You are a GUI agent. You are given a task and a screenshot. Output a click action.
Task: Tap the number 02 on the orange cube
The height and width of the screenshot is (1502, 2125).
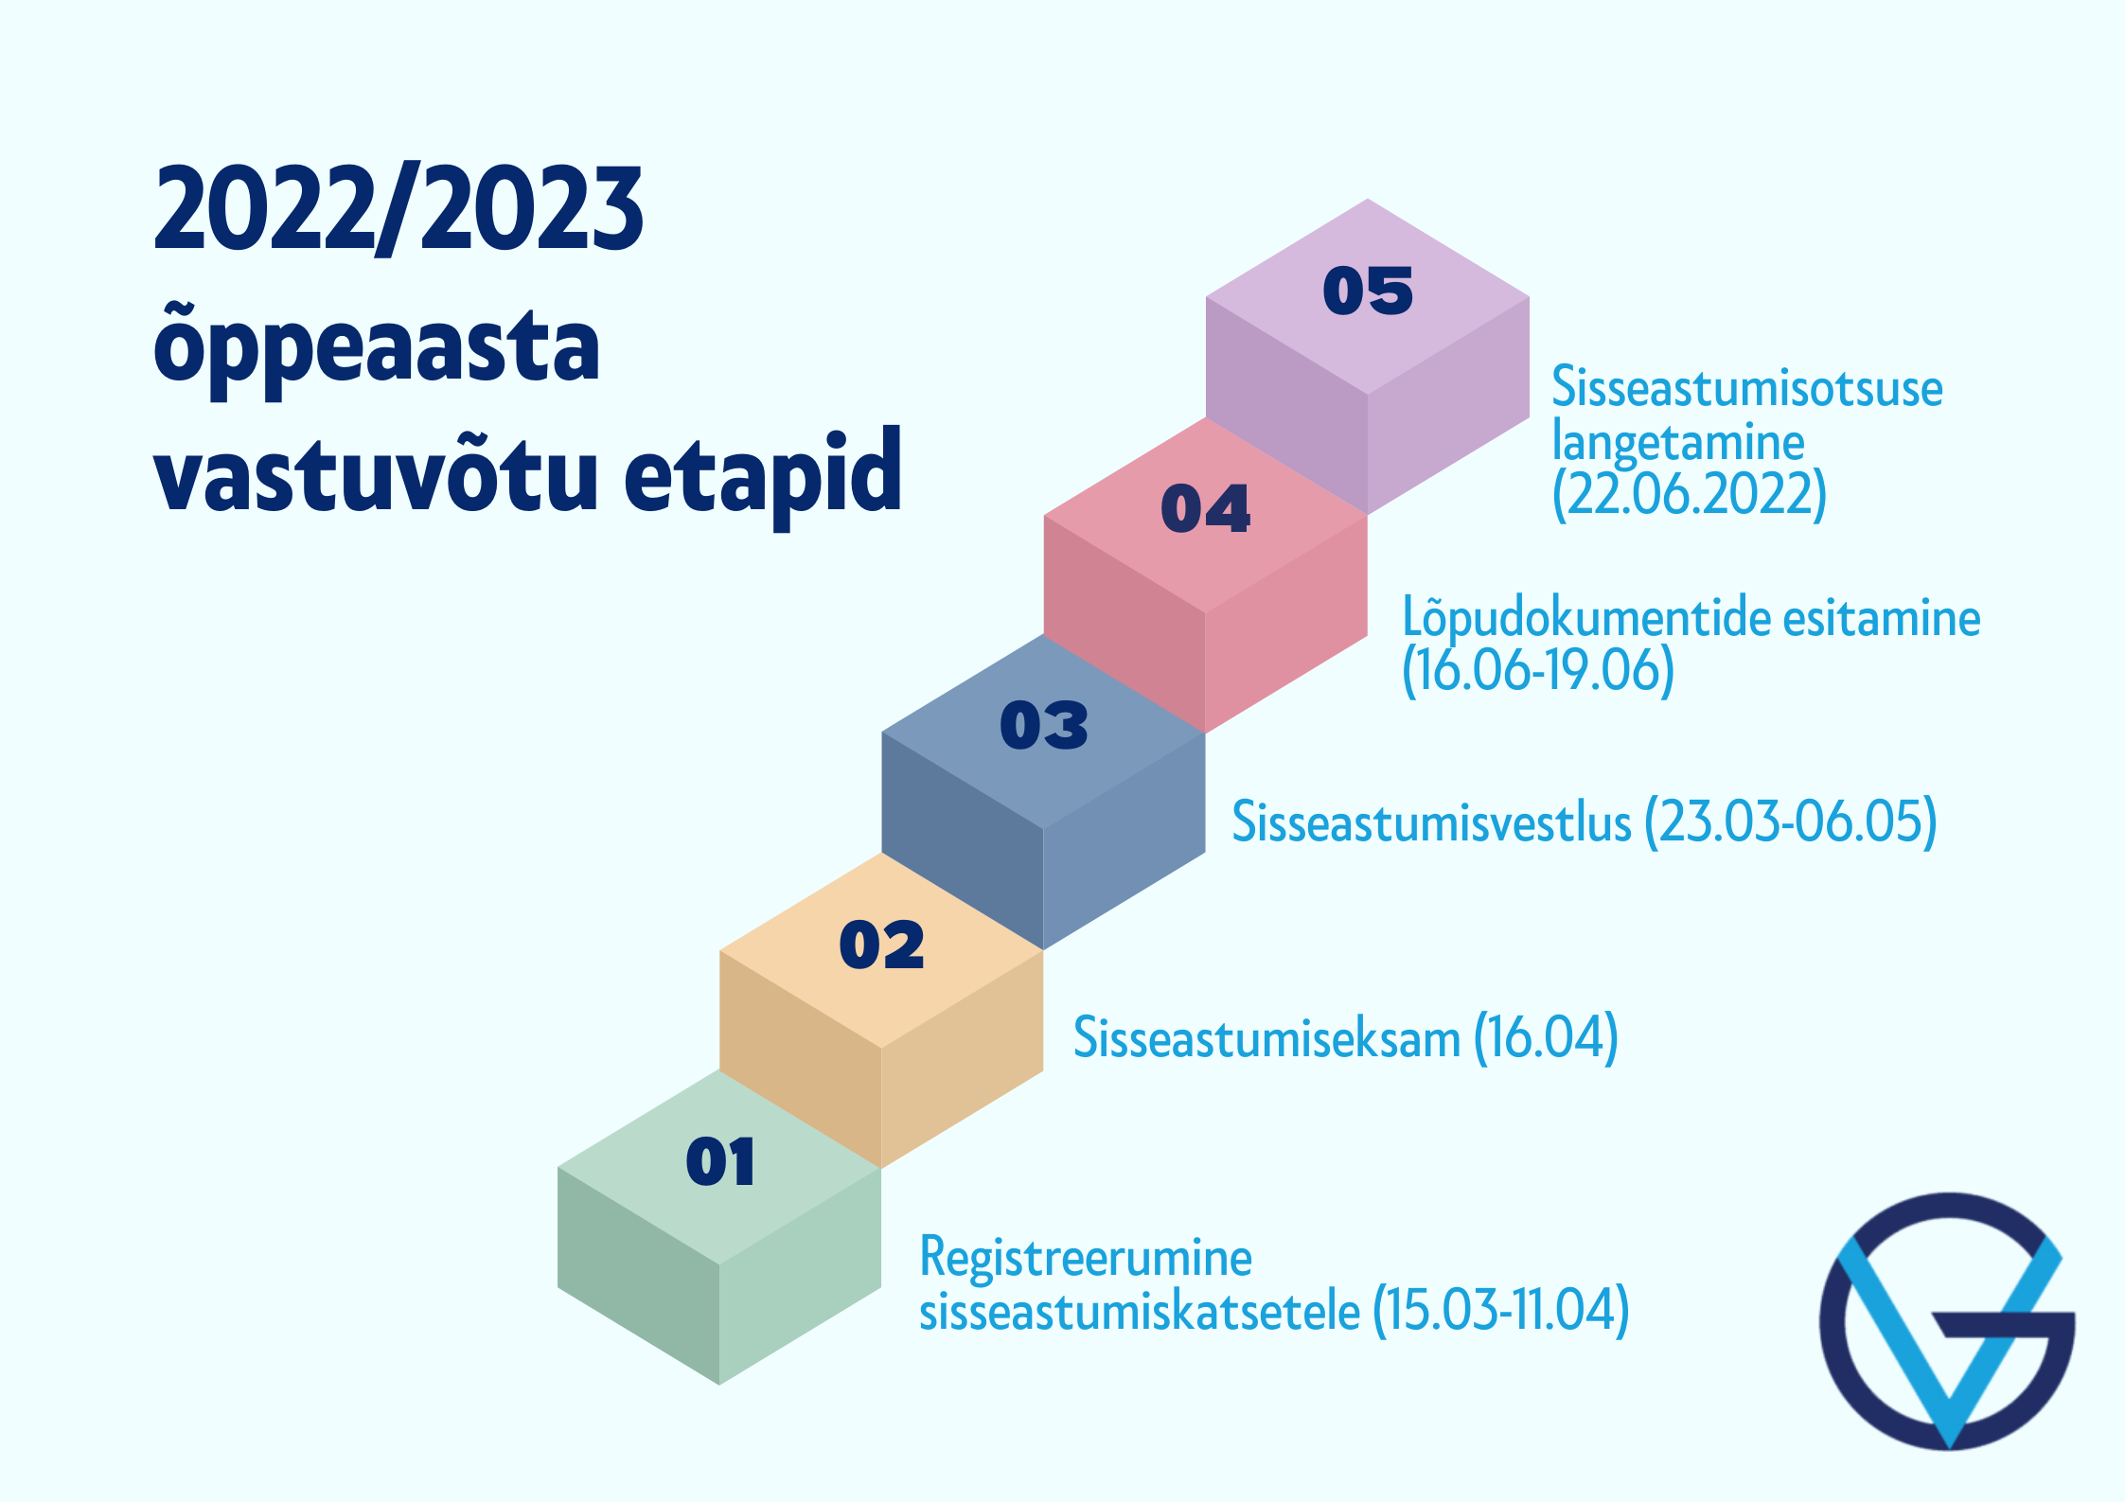[881, 945]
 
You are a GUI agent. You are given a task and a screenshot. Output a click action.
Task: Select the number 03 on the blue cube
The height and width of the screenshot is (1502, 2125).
[1044, 726]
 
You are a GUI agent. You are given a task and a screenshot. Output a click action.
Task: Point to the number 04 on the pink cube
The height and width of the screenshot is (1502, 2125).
[1206, 508]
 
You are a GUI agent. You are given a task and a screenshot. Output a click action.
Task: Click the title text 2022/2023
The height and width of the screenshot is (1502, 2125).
[398, 209]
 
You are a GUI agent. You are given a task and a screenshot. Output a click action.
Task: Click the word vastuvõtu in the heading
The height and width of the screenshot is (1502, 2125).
[375, 469]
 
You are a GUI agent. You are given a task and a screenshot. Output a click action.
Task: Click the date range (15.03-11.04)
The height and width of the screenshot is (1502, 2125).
[1500, 1311]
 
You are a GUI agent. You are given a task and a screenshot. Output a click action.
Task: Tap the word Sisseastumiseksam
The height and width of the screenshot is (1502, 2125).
[1266, 1038]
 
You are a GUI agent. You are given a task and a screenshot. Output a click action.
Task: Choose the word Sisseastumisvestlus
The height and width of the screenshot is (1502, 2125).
[1431, 822]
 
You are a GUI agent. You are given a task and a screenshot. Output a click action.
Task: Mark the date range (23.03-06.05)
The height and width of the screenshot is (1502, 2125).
[1791, 822]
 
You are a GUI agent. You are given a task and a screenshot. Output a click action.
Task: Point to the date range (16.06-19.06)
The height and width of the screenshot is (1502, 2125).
[1538, 670]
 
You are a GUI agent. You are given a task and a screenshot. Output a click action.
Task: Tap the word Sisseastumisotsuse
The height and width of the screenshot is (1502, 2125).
[1747, 388]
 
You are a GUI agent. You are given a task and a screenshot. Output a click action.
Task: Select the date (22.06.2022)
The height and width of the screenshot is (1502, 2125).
[1690, 494]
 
